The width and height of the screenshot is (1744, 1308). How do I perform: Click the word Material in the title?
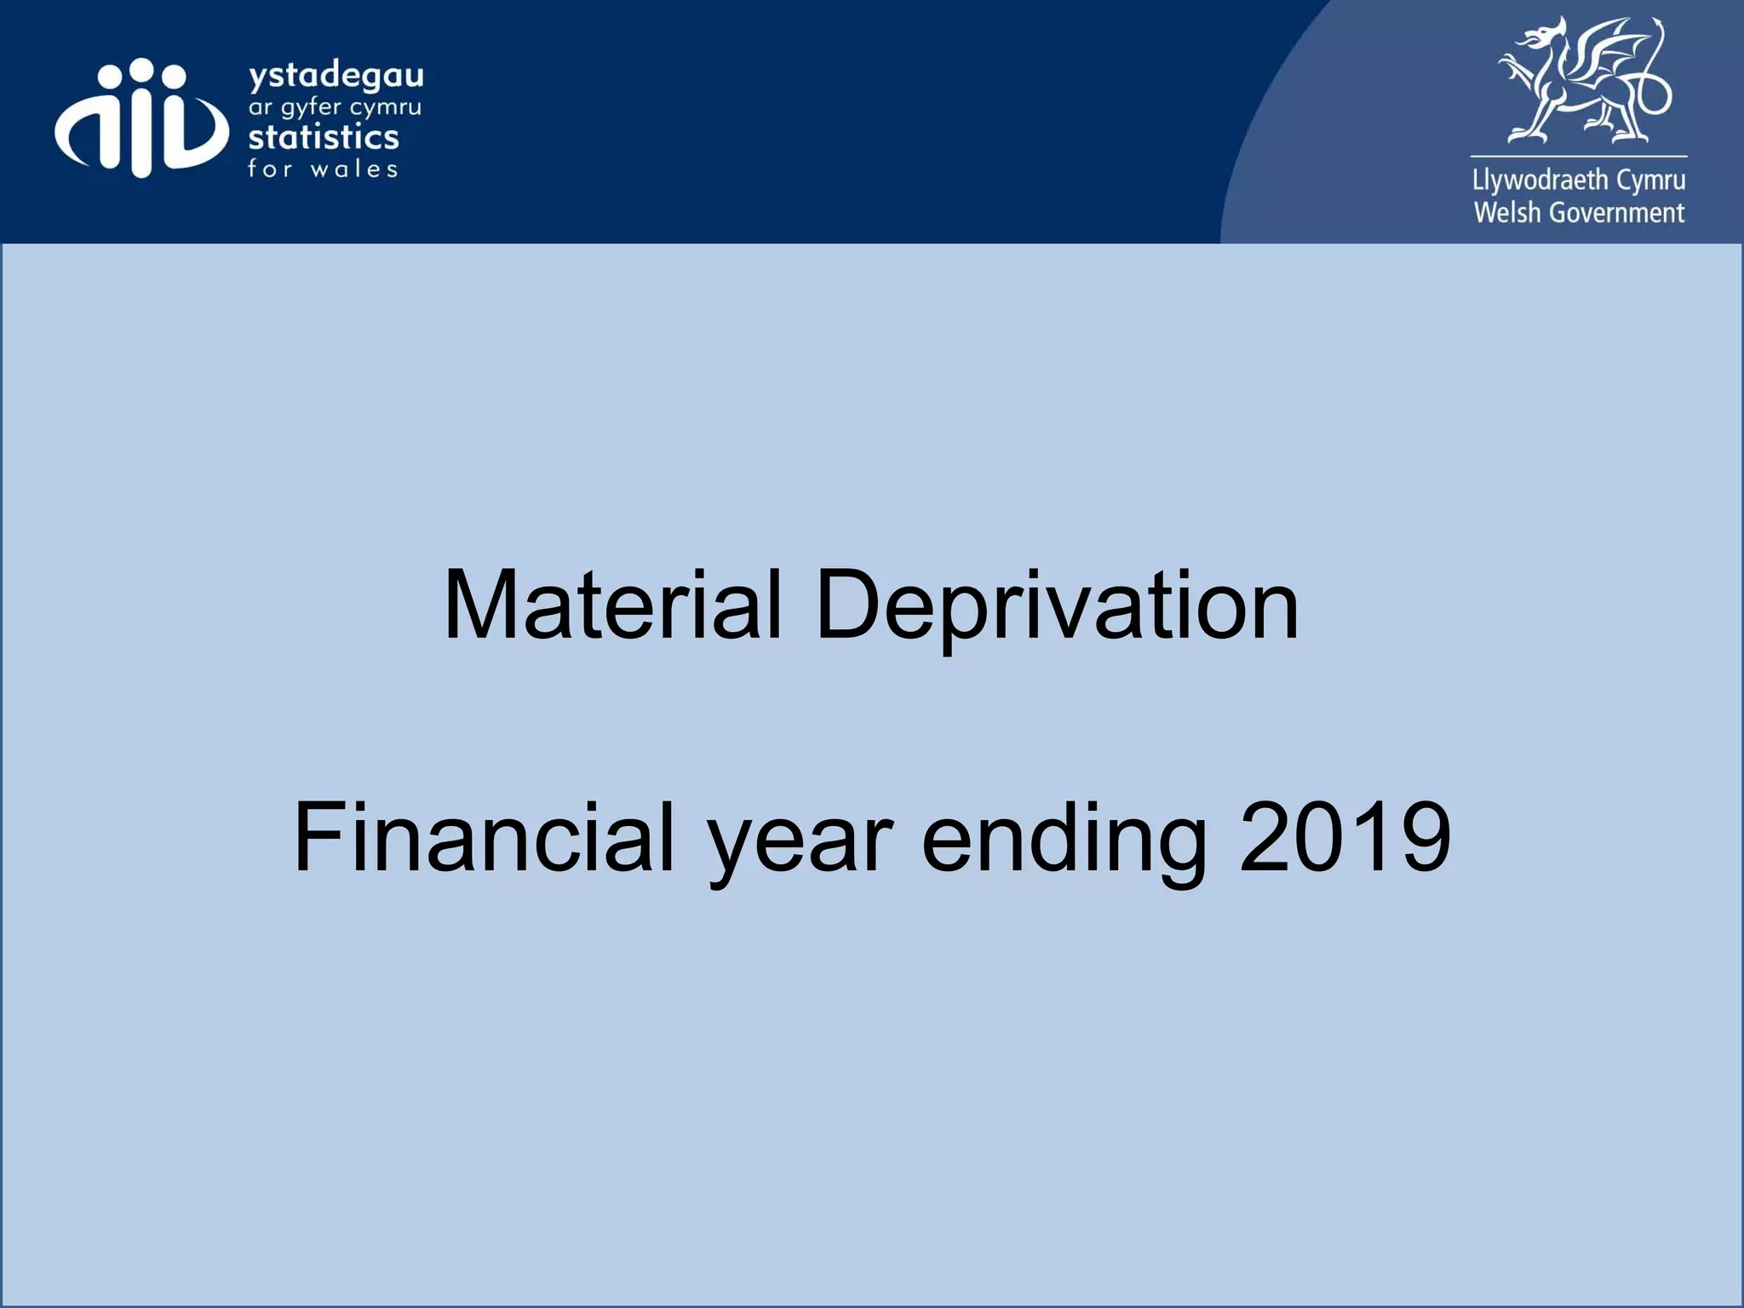(611, 605)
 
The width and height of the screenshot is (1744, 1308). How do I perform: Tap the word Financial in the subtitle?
(484, 838)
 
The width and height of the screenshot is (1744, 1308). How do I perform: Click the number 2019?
(1345, 838)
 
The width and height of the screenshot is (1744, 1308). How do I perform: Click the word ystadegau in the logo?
(336, 77)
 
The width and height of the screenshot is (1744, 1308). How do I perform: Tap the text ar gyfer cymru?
(335, 109)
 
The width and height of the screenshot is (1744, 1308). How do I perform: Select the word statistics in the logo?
(324, 137)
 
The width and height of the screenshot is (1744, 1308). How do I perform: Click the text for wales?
(323, 169)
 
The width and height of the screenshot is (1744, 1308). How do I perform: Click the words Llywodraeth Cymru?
(1579, 181)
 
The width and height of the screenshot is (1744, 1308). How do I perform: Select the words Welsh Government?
(1579, 212)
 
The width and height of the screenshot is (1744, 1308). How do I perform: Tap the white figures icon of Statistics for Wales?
(141, 119)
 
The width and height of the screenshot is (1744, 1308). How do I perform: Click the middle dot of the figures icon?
(141, 70)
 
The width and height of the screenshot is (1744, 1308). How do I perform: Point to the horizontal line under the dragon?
(1579, 156)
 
